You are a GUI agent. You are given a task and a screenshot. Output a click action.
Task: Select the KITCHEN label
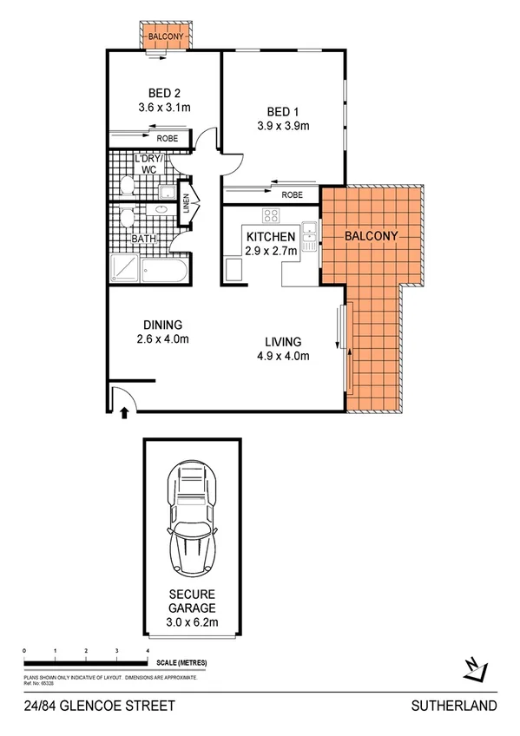[271, 237]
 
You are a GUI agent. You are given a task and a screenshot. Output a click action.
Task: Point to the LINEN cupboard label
[186, 206]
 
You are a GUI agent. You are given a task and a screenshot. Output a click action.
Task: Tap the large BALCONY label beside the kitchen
[371, 236]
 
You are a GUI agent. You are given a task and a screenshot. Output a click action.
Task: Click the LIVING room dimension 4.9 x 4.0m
[284, 355]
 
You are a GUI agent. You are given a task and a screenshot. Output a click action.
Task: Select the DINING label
[163, 325]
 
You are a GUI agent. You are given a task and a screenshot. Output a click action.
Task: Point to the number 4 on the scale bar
[148, 649]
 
